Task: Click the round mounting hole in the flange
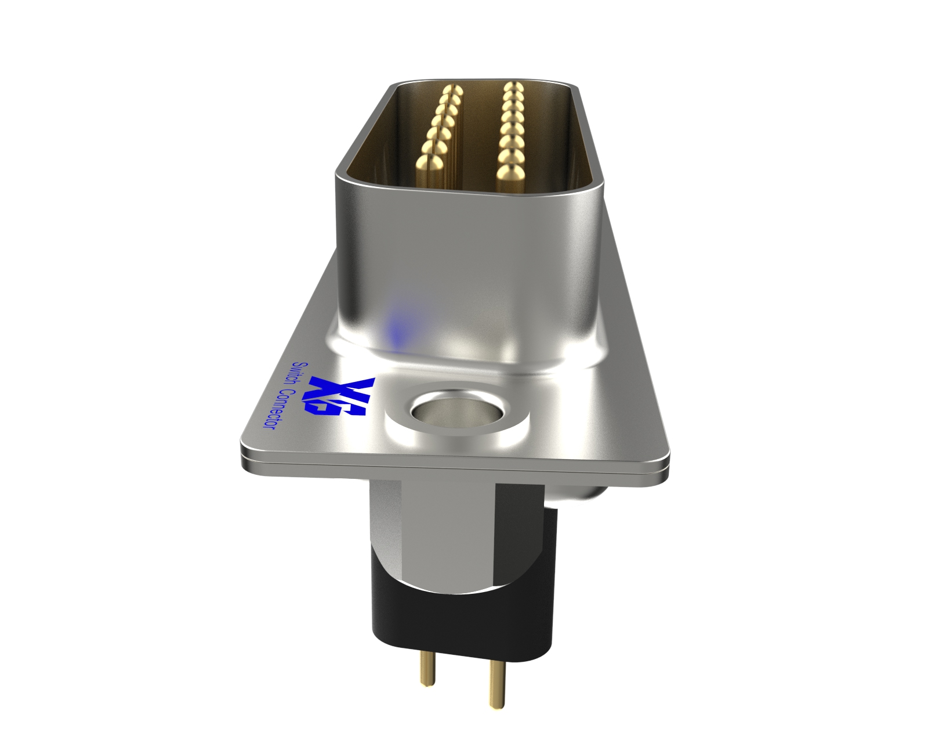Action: point(454,413)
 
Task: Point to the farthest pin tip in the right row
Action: point(511,87)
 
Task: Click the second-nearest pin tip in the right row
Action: point(509,155)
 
